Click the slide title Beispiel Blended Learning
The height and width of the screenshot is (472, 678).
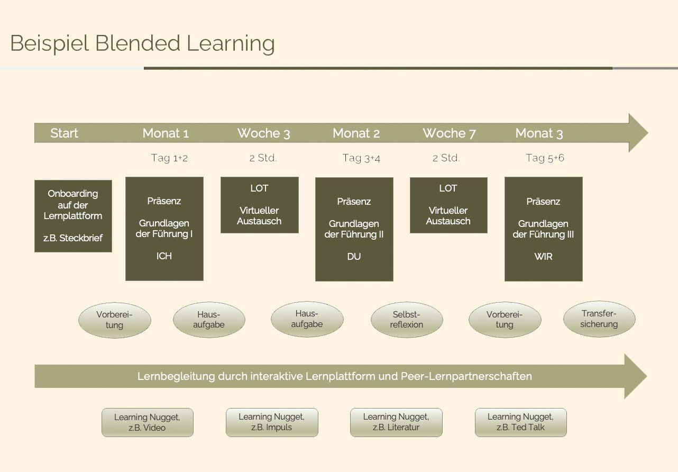[x=143, y=43]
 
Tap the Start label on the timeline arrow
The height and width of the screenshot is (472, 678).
[x=64, y=133]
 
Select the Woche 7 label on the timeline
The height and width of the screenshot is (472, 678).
[x=449, y=133]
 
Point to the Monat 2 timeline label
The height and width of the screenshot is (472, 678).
[x=356, y=133]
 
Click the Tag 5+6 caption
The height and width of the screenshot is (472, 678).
[x=545, y=158]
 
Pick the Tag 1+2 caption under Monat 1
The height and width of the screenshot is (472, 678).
[x=169, y=158]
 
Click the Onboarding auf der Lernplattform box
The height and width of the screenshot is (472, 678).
[x=73, y=216]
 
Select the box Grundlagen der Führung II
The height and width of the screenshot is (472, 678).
[x=354, y=229]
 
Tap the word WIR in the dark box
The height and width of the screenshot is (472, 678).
[x=543, y=257]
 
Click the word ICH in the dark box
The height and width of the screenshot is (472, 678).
[x=164, y=256]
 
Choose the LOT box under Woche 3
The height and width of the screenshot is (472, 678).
[x=259, y=205]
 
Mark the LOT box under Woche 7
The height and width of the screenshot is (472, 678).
[x=448, y=205]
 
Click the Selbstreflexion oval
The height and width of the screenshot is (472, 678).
[x=407, y=320]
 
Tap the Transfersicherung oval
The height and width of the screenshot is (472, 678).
[x=599, y=319]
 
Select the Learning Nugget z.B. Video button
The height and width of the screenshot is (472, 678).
[x=147, y=422]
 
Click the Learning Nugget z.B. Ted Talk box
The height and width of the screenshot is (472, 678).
[x=520, y=422]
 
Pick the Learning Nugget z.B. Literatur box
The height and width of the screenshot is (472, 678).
[x=396, y=422]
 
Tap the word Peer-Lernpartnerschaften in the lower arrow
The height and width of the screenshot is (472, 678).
[x=466, y=376]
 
